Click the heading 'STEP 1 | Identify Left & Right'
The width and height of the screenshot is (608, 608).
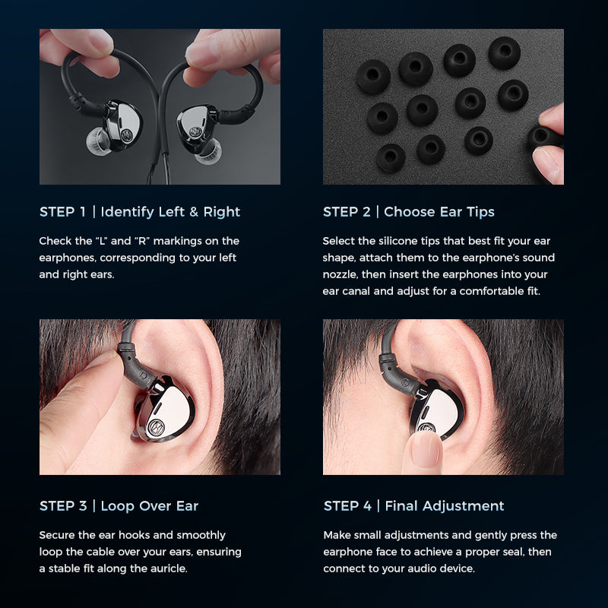[140, 212]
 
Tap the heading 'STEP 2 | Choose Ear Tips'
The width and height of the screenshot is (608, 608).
[409, 212]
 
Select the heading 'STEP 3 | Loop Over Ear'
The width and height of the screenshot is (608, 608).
[119, 505]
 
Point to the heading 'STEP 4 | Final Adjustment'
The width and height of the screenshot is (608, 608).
[413, 505]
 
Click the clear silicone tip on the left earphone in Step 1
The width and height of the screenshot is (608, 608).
[97, 141]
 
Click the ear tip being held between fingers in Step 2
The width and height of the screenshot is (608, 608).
[543, 137]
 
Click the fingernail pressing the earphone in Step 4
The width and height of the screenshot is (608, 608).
[426, 448]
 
